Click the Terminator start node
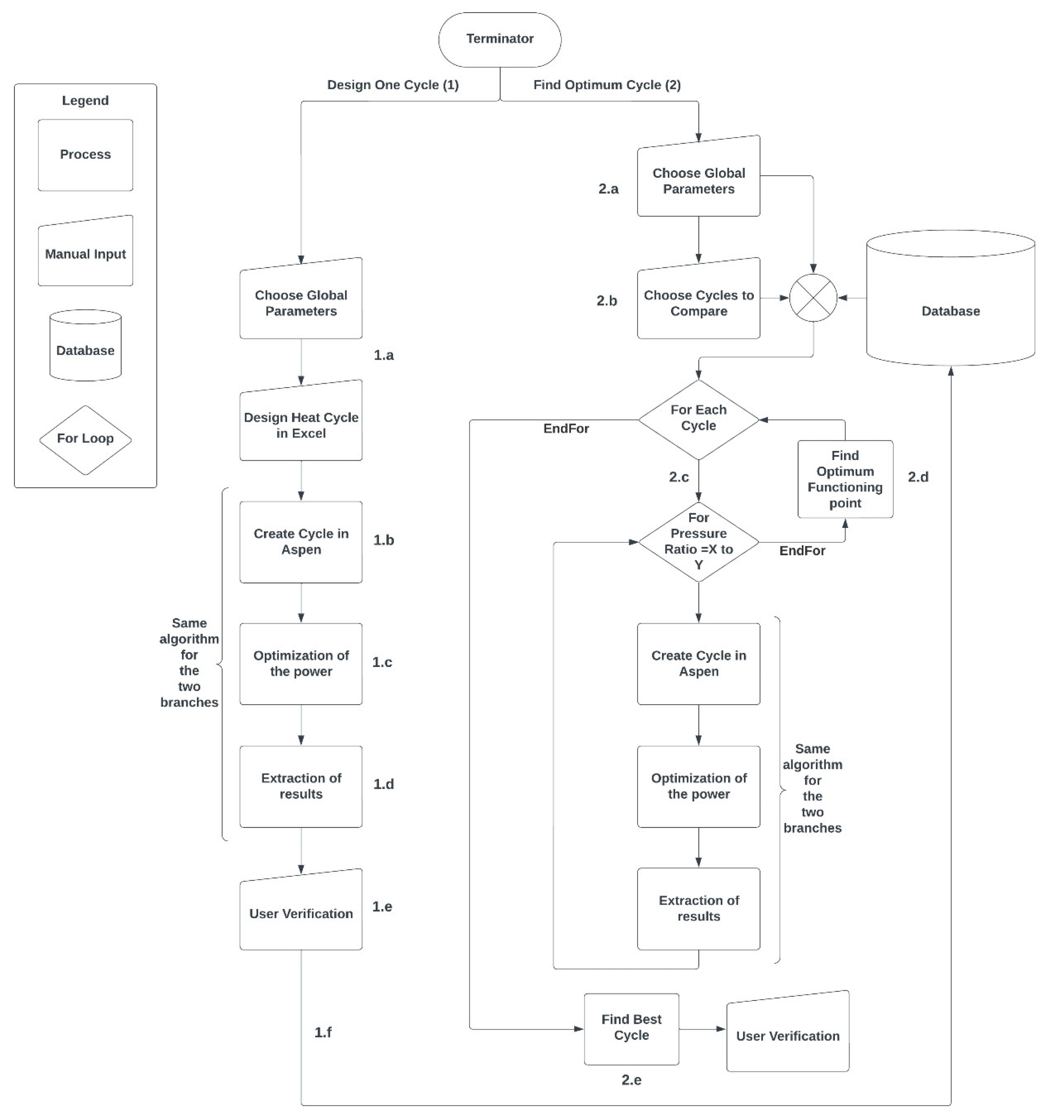pyautogui.click(x=500, y=39)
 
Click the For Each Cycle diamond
pyautogui.click(x=698, y=419)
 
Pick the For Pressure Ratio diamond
pyautogui.click(x=698, y=542)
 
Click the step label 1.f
pyautogui.click(x=323, y=1032)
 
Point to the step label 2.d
pyautogui.click(x=918, y=477)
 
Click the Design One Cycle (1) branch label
pyautogui.click(x=393, y=85)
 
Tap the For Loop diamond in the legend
pyautogui.click(x=86, y=439)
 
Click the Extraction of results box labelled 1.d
pyautogui.click(x=301, y=786)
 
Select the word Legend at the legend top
pyautogui.click(x=86, y=101)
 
